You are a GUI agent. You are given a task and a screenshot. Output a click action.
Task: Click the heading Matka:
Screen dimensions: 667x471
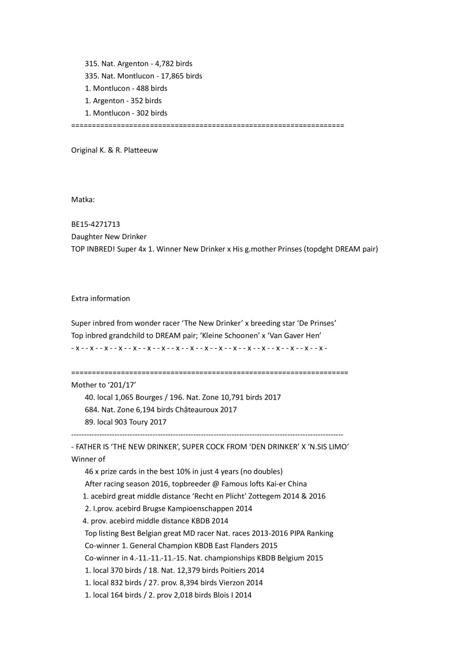[x=83, y=200]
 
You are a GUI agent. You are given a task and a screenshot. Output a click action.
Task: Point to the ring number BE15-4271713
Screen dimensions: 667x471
[x=96, y=224]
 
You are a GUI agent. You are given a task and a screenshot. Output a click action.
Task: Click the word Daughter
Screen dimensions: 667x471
[x=87, y=237]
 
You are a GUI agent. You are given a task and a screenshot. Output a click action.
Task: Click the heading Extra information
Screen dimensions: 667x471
[x=101, y=298]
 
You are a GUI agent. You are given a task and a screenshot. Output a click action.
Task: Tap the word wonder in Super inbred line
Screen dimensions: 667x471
[x=151, y=323]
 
